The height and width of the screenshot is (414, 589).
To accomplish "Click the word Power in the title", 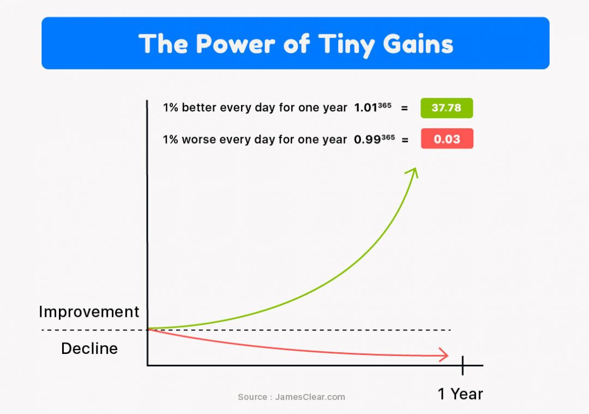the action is tap(236, 44).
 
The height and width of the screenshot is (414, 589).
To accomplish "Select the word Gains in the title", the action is tap(418, 44).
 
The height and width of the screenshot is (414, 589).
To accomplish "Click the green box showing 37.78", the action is tap(447, 108).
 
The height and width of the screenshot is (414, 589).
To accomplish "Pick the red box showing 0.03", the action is tap(447, 139).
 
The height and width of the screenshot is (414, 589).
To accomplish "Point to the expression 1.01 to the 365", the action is tap(372, 107).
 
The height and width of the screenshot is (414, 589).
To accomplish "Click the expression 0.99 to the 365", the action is tap(374, 139).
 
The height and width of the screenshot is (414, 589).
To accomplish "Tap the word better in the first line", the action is tap(199, 108).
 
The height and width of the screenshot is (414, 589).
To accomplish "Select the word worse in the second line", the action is tap(199, 139).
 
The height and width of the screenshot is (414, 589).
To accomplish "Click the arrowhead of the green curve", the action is tap(413, 173).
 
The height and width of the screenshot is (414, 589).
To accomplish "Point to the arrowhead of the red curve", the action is tap(444, 355).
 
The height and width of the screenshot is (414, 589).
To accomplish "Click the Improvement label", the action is tap(89, 312).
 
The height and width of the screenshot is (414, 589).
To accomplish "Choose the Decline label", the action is tap(89, 348).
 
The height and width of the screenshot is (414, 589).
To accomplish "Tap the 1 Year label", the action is tap(460, 394).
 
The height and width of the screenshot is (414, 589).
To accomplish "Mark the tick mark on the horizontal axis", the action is tap(462, 365).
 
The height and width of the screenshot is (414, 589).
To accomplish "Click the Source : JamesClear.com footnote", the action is tap(291, 397).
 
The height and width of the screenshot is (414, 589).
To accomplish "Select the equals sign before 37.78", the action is tap(404, 108).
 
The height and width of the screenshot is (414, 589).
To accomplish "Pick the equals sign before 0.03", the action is tap(405, 140).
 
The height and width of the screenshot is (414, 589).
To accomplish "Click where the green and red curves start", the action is tap(148, 329).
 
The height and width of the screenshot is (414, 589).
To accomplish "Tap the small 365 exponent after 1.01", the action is tap(384, 105).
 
